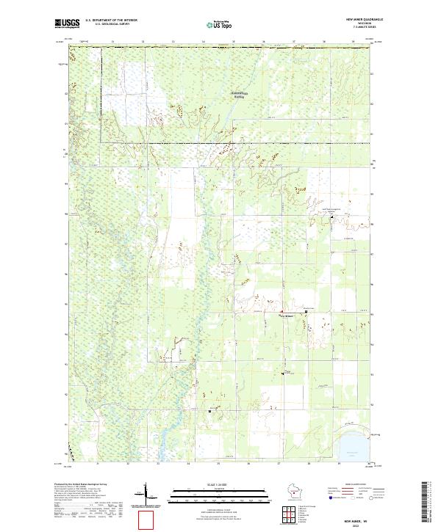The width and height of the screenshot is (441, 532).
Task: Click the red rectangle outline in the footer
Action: [148, 520]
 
